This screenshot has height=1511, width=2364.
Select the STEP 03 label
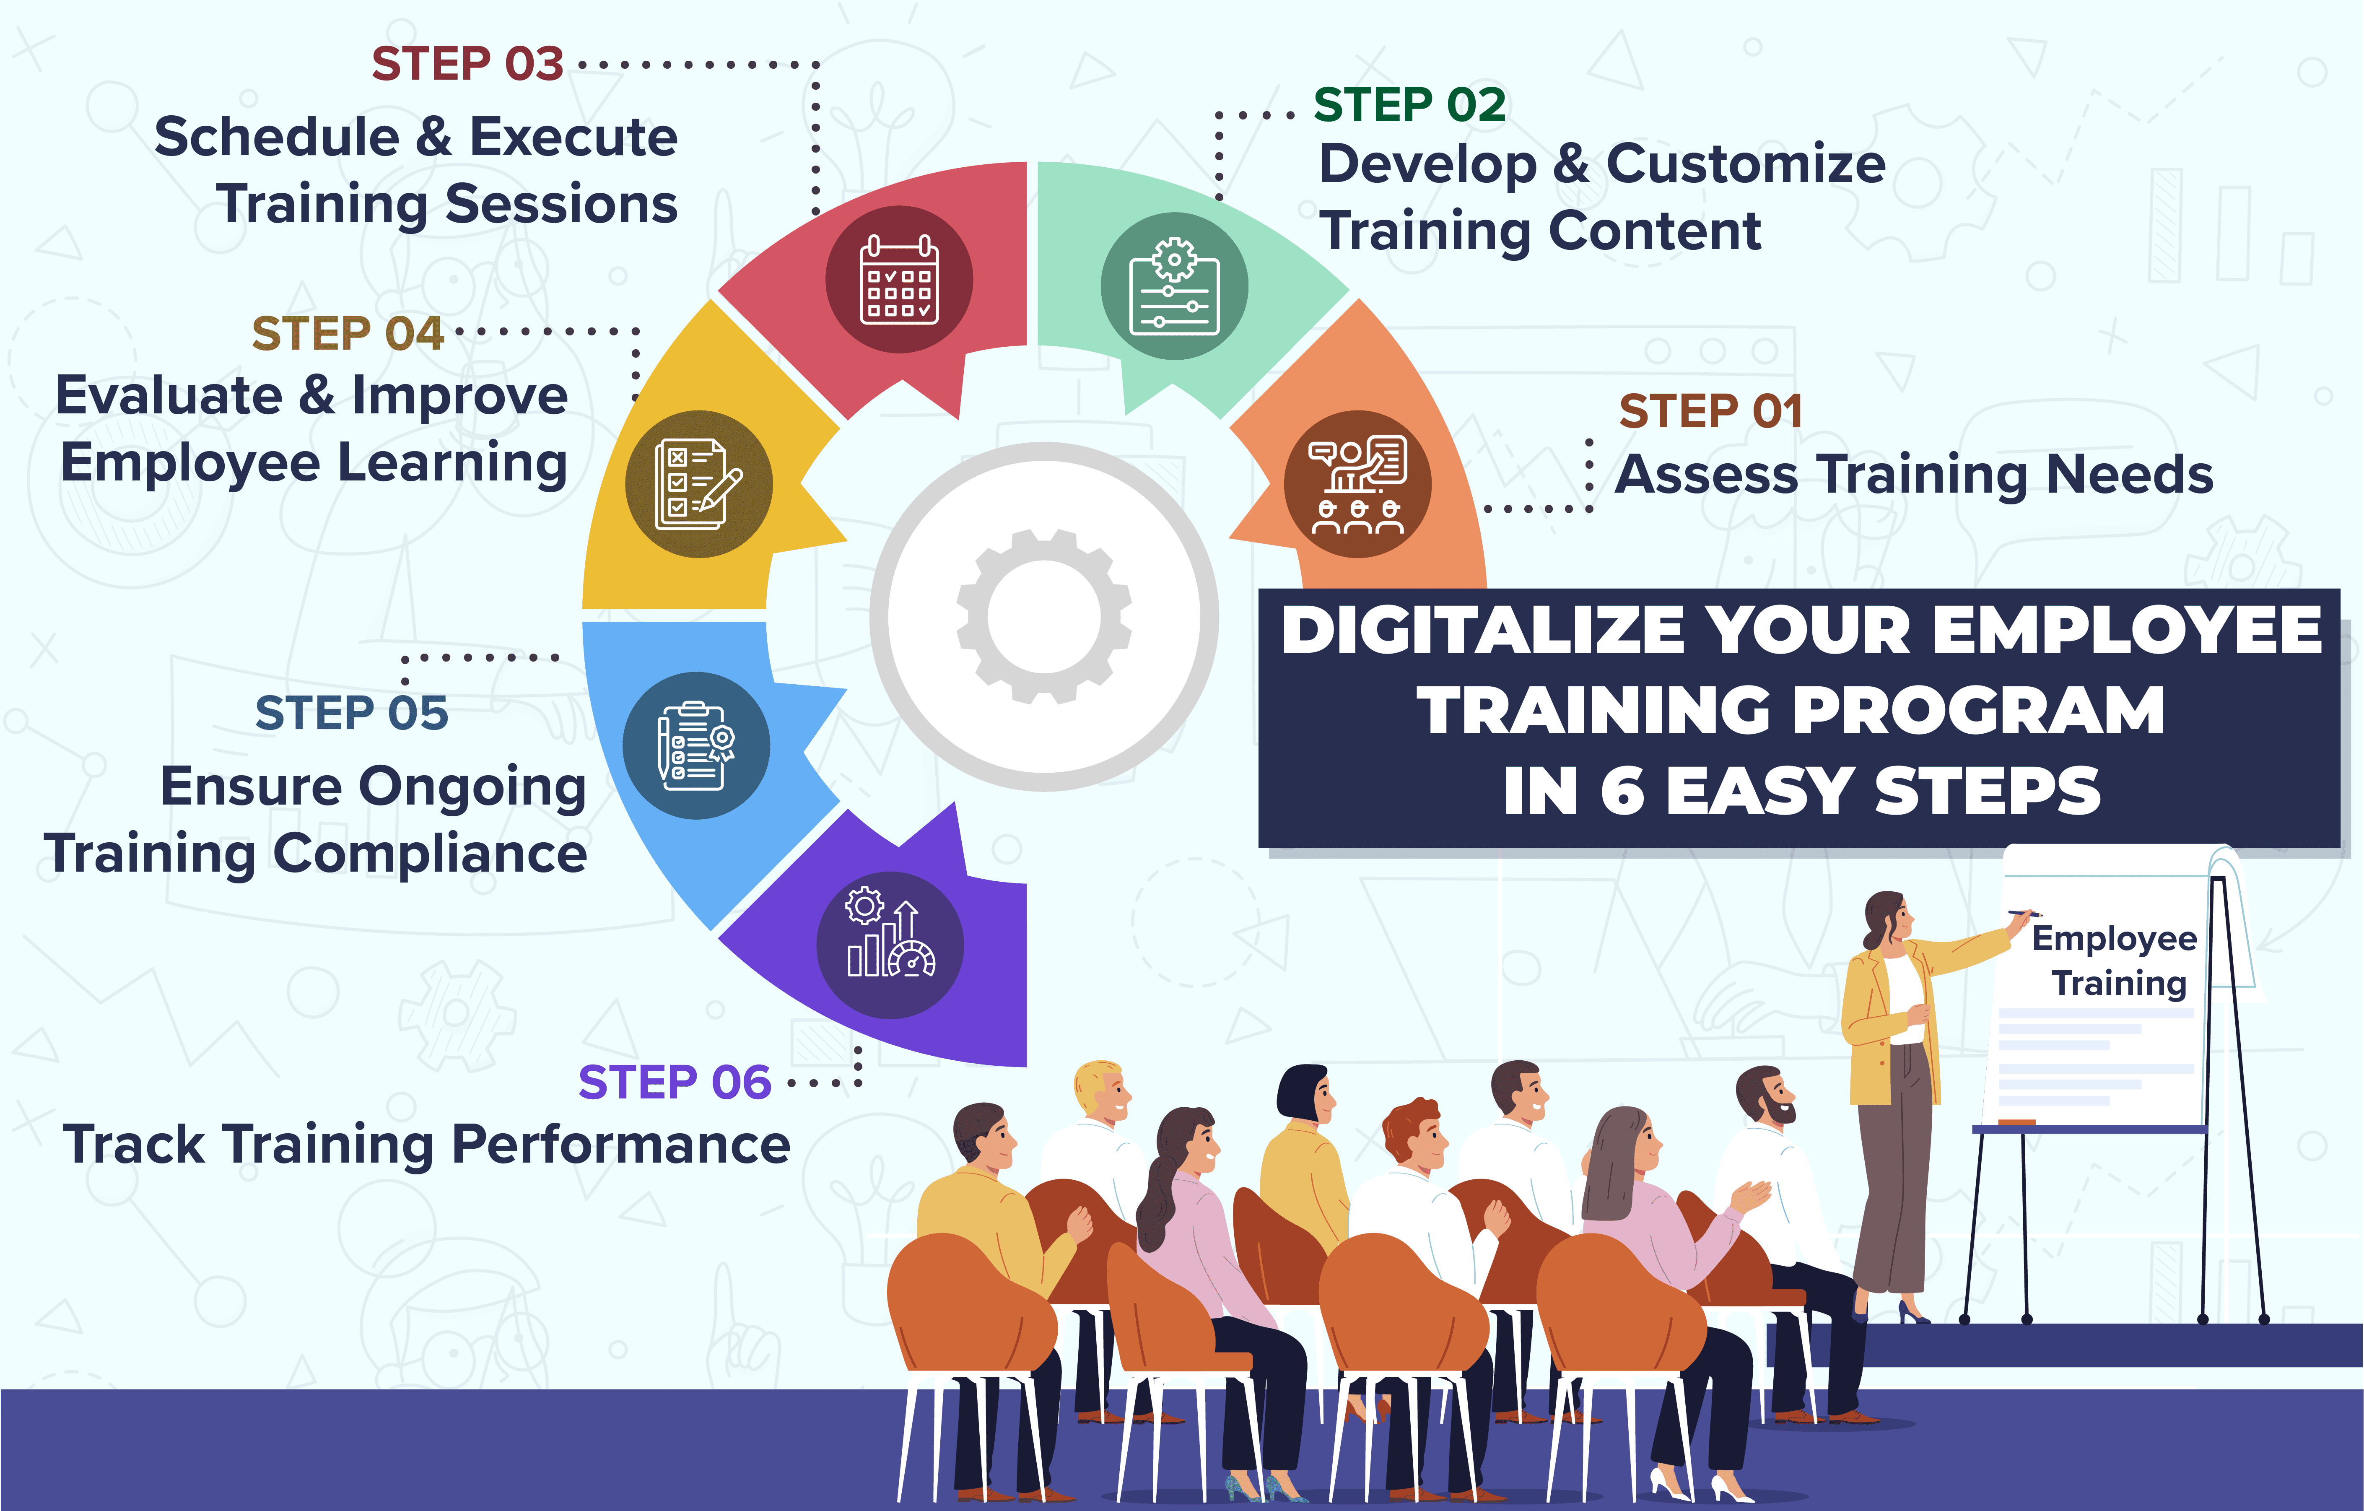pyautogui.click(x=467, y=64)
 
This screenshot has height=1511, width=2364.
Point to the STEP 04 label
pyautogui.click(x=348, y=334)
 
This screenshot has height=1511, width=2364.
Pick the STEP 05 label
pyautogui.click(x=351, y=713)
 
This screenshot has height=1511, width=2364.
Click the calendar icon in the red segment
pyautogui.click(x=899, y=280)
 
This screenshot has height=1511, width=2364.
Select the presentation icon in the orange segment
pyautogui.click(x=1358, y=484)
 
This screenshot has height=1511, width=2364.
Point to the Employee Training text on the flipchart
pyautogui.click(x=2116, y=960)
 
